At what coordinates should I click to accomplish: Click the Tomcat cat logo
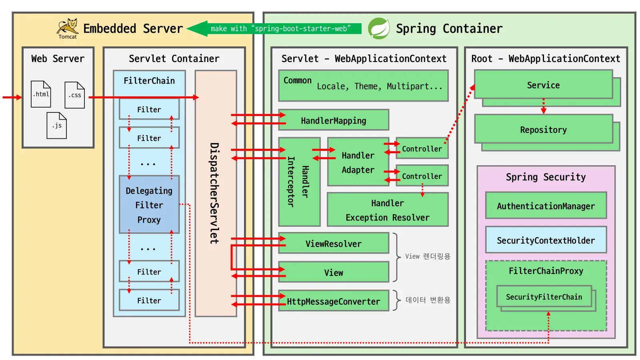point(68,27)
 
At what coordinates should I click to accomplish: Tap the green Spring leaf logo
point(378,28)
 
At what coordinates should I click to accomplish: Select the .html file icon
point(41,94)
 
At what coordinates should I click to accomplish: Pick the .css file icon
point(75,95)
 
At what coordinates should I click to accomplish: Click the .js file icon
point(57,125)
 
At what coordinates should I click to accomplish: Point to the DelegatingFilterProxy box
point(149,204)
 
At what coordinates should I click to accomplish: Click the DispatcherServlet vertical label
point(215,193)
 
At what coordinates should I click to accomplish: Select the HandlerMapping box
point(334,120)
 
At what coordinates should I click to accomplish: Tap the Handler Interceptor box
point(299,182)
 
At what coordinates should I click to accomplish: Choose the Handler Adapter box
point(358,162)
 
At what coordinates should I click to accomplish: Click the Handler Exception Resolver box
point(387,210)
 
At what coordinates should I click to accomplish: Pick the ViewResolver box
point(334,244)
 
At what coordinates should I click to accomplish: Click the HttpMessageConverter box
point(334,301)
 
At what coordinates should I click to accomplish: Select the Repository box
point(543,130)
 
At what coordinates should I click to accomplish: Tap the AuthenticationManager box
point(546,206)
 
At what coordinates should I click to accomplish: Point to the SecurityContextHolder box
point(546,240)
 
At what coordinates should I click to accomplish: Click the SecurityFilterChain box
point(544,297)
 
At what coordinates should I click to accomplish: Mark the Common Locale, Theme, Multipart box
point(363,86)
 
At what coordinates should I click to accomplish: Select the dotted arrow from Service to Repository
point(543,106)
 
